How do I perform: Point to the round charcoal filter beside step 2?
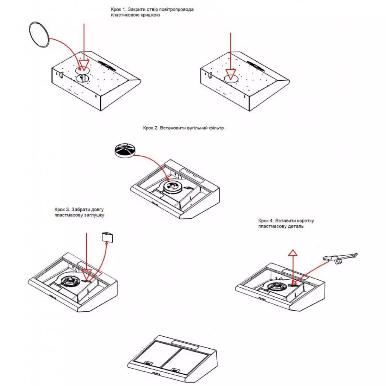pos(125,151)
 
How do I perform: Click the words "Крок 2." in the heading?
pos(151,128)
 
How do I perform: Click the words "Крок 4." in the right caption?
pos(266,221)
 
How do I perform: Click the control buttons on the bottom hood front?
pos(155,374)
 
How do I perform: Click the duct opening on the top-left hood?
pos(83,78)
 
